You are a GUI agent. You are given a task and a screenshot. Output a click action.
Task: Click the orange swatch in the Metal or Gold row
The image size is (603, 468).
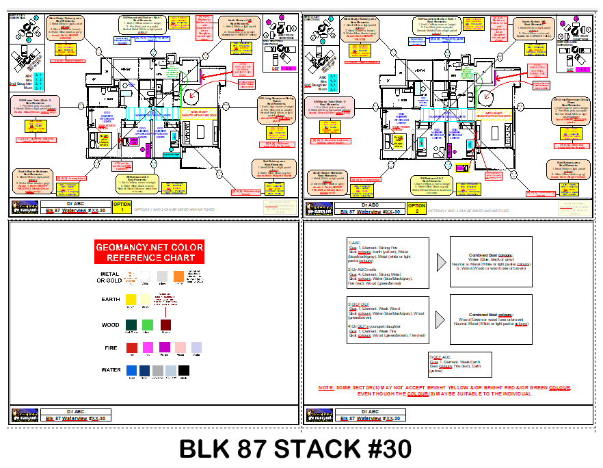178,275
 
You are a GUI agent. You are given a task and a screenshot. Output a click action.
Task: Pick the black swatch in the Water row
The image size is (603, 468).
183,370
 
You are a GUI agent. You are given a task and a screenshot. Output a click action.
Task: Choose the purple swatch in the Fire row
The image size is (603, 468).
164,347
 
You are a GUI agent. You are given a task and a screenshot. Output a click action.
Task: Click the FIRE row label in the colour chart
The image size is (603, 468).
111,348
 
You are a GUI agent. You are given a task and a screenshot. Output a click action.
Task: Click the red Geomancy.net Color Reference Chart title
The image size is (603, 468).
149,252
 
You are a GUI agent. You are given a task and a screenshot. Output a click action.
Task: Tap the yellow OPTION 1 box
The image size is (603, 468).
122,207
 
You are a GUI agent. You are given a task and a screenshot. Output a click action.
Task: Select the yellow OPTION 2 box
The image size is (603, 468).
416,207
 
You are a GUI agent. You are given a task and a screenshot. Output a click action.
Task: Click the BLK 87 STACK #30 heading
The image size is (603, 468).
296,449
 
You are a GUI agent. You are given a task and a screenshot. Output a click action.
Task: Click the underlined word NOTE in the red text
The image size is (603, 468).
326,388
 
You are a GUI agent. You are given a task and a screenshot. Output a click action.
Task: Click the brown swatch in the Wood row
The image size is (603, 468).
165,324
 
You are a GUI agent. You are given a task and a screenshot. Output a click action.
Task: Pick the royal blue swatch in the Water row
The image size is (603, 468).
131,370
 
